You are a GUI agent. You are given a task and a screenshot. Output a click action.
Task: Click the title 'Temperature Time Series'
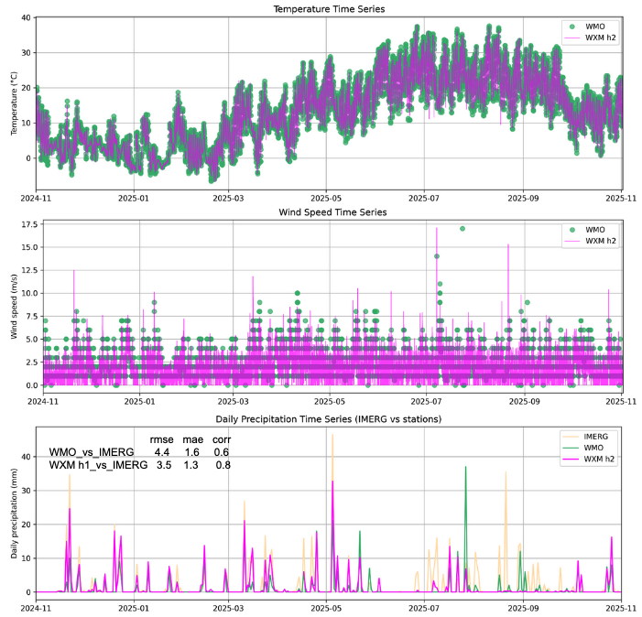pyautogui.click(x=328, y=9)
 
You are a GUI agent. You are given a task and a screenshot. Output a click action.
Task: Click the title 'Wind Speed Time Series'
pyautogui.click(x=328, y=212)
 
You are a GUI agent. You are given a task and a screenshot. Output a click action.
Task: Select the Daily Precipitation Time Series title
pyautogui.click(x=328, y=419)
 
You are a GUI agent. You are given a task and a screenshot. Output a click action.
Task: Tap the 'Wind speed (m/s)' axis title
pyautogui.click(x=14, y=306)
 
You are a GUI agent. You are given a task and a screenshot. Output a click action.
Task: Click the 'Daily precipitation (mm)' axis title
pyautogui.click(x=14, y=514)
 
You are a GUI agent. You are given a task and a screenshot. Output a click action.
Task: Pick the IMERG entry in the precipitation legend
pyautogui.click(x=594, y=437)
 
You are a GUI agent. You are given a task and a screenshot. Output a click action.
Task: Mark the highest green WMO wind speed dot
pyautogui.click(x=462, y=229)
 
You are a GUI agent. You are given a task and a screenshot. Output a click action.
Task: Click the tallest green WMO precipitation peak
pyautogui.click(x=465, y=468)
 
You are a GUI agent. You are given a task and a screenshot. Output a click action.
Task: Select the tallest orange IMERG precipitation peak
pyautogui.click(x=332, y=434)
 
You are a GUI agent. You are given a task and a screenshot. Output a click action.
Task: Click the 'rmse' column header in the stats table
pyautogui.click(x=161, y=439)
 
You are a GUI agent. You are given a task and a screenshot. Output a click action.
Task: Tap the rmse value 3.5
pyautogui.click(x=161, y=465)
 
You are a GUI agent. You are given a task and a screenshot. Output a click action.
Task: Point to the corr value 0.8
pyautogui.click(x=222, y=465)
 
